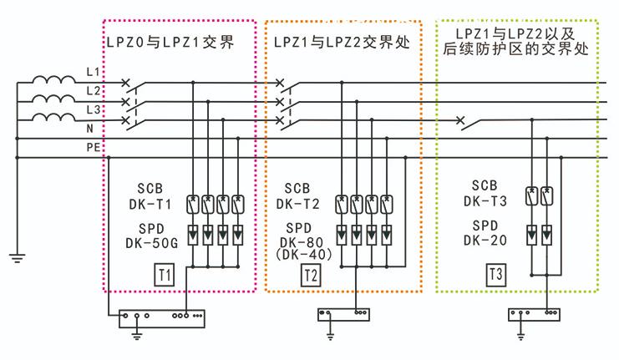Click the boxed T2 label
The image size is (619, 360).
[x=310, y=273]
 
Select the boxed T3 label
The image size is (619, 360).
[x=495, y=273]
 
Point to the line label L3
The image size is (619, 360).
[x=94, y=109]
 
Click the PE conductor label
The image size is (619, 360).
[x=94, y=148]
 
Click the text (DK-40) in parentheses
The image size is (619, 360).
[x=304, y=252]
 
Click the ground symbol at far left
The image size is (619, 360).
[x=16, y=256]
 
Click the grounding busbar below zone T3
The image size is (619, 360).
[x=532, y=314]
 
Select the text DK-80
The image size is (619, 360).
[x=302, y=241]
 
